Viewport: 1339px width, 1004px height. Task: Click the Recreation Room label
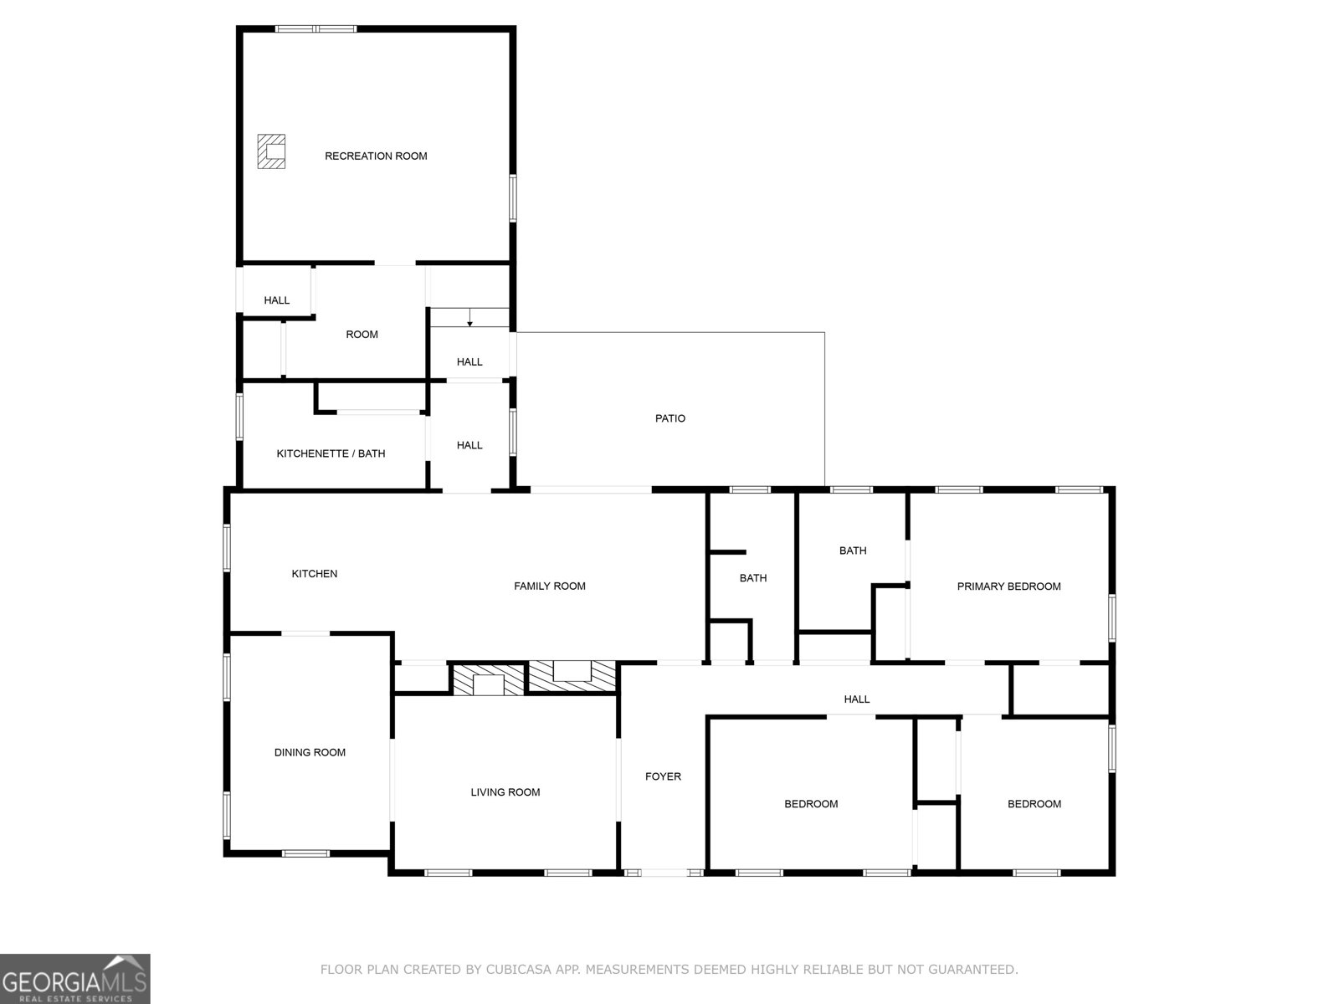[x=376, y=156]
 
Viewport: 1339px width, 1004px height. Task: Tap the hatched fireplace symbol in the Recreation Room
[x=271, y=151]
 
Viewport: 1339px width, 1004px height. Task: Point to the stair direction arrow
[x=469, y=320]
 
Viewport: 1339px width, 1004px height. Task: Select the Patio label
[x=669, y=418]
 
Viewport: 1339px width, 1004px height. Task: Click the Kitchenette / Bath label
[x=331, y=453]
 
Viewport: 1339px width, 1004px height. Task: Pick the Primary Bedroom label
[x=1008, y=587]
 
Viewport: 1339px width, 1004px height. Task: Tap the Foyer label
[x=663, y=776]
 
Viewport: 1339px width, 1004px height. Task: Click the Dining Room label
[x=310, y=752]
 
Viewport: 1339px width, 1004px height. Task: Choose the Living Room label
[x=505, y=792]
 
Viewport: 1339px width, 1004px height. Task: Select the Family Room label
[x=549, y=587]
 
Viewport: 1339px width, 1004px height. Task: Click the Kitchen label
[x=314, y=574]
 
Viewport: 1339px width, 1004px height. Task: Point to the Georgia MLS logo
[x=75, y=979]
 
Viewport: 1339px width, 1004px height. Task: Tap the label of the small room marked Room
[x=362, y=335]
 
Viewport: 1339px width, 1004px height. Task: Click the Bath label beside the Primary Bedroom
[x=853, y=551]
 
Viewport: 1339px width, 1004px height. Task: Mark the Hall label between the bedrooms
[x=856, y=699]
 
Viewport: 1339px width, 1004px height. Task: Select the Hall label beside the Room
[x=277, y=300]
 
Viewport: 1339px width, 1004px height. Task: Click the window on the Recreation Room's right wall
[x=513, y=198]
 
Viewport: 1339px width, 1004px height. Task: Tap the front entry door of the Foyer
[x=664, y=873]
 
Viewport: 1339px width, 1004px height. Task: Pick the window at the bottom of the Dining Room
[x=305, y=853]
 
